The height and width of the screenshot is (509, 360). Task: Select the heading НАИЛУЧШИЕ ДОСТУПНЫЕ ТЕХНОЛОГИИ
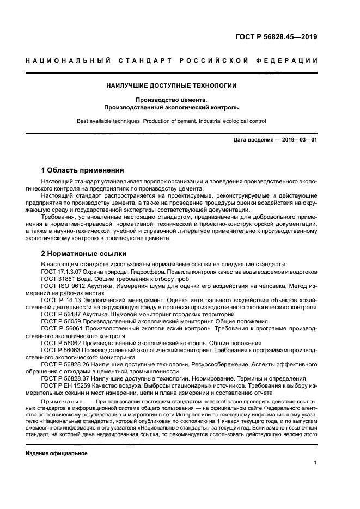point(172,85)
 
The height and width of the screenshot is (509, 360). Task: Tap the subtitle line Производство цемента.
point(172,100)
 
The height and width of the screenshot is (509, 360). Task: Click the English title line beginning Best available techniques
point(172,121)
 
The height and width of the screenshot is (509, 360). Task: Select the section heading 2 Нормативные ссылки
point(84,253)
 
